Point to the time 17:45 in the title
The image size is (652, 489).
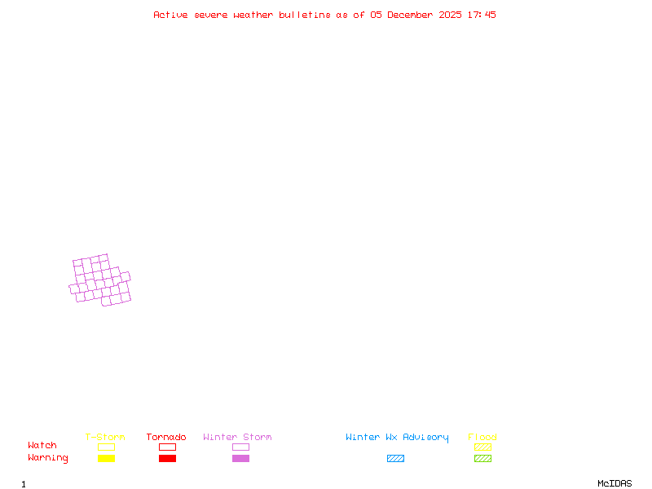482,15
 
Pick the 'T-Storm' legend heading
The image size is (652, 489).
105,438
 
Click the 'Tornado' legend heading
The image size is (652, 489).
166,438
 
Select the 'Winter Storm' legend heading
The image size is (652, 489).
237,438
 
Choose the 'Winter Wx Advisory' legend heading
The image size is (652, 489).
397,438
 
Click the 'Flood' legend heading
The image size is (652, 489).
482,438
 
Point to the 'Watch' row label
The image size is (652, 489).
42,446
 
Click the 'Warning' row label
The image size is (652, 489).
48,458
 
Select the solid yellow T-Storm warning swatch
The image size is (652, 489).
106,459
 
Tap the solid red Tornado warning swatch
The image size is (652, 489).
167,459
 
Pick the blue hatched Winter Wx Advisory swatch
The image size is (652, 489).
395,459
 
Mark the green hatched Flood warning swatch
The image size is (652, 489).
482,459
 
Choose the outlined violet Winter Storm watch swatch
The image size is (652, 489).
240,447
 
